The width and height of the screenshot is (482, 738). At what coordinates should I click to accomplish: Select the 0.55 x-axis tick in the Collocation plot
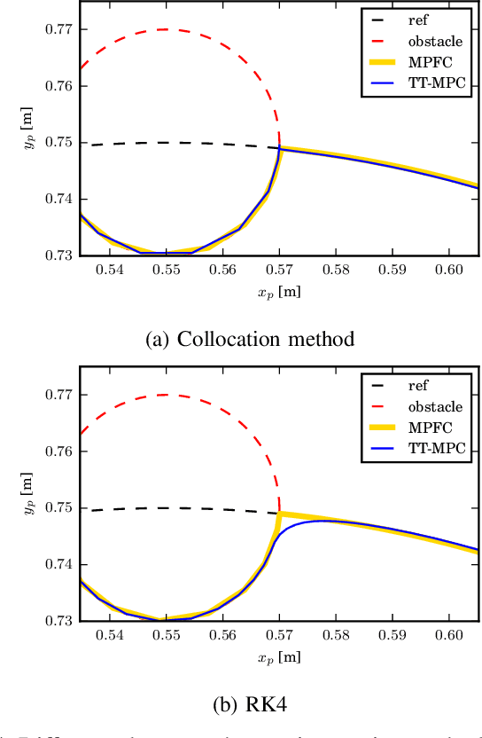tap(166, 270)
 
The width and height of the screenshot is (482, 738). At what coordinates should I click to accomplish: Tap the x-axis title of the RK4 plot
tap(279, 656)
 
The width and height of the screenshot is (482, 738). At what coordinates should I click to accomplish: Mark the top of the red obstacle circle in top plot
tap(165, 29)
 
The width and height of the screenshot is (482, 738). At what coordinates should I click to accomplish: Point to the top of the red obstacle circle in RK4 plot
tap(165, 395)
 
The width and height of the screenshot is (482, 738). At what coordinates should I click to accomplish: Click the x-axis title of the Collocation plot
tap(279, 290)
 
